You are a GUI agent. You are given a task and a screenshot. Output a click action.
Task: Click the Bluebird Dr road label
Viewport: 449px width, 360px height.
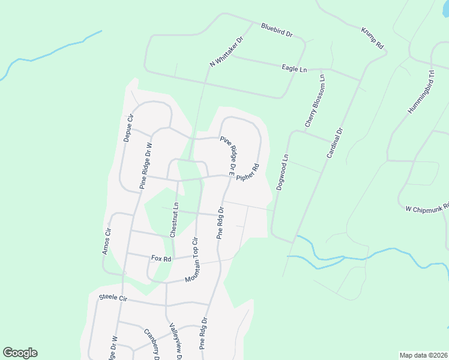[x=277, y=31]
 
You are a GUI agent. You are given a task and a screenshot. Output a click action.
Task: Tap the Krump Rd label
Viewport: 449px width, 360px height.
[x=372, y=38]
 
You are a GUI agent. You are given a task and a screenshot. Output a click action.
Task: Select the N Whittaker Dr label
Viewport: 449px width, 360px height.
[x=226, y=52]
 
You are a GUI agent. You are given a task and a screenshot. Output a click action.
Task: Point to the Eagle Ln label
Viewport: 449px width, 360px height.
[x=294, y=69]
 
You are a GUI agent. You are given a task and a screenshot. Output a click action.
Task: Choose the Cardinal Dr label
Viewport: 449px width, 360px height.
[x=334, y=143]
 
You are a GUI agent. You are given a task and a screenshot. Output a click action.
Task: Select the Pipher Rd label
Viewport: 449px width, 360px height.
[x=247, y=174]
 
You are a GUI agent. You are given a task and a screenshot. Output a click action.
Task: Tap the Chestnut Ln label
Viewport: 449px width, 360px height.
[x=174, y=220]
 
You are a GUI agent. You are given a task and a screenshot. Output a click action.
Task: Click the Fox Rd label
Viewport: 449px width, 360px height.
[x=161, y=259]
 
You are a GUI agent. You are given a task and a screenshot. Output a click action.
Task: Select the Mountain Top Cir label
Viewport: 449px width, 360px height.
[x=191, y=262]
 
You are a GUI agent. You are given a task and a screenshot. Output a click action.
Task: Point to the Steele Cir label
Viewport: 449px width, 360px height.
[x=113, y=297]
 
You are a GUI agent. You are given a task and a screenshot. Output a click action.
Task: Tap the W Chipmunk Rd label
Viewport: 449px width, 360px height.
[x=427, y=207]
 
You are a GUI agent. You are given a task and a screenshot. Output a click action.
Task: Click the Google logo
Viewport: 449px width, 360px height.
[x=20, y=353]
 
